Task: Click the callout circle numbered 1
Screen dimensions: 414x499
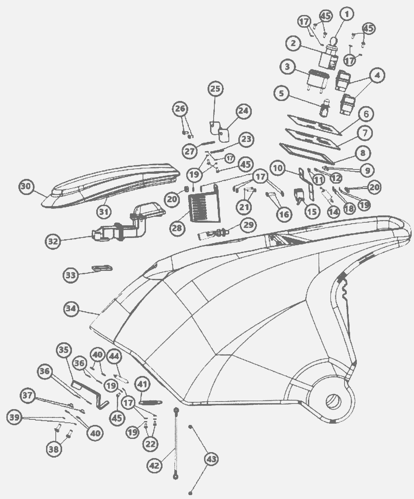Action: tap(347, 15)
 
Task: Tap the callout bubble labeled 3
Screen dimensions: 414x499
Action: tap(287, 67)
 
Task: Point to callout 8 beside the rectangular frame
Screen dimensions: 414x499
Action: tap(363, 153)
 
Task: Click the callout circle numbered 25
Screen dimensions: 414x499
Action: tap(216, 89)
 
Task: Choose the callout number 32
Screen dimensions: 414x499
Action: tap(53, 241)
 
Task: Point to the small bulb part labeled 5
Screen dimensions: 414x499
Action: tap(323, 107)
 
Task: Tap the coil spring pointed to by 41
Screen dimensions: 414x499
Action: tap(150, 402)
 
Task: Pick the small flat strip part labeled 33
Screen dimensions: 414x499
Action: tap(102, 268)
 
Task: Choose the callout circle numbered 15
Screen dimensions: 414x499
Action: tap(312, 211)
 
